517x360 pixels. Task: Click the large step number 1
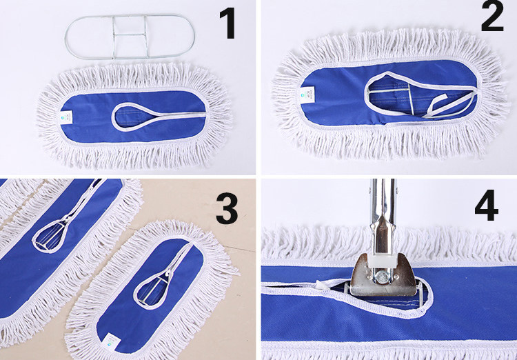point(227,23)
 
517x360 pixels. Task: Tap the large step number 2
point(492,15)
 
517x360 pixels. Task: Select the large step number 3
point(227,209)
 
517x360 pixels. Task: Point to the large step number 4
point(487,205)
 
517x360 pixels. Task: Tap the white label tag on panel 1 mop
point(68,117)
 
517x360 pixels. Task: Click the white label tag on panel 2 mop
point(307,94)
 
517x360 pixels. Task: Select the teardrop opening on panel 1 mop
point(132,116)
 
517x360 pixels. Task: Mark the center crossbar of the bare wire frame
point(130,34)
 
